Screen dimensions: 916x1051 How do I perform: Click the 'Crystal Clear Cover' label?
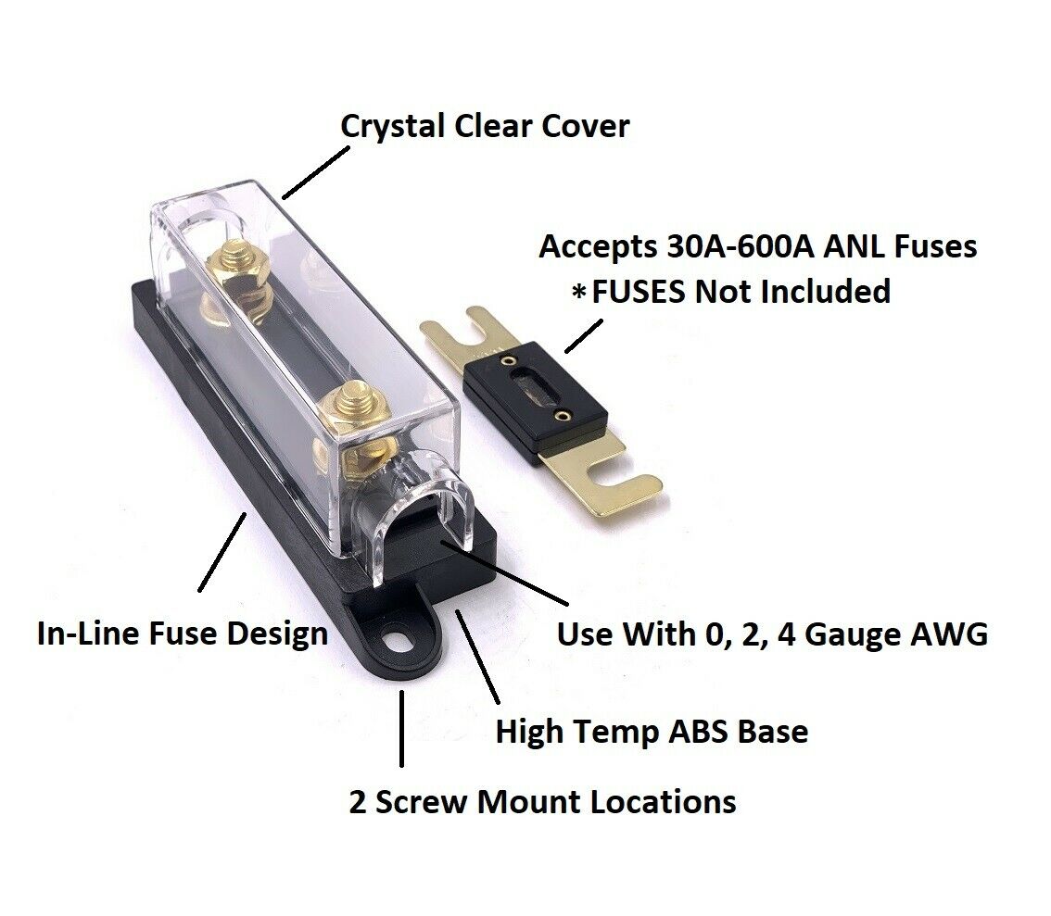coord(485,125)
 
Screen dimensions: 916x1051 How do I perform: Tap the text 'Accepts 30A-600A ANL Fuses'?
coord(758,246)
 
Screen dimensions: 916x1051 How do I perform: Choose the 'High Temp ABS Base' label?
coord(652,731)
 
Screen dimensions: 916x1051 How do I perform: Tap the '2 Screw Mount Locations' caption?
coord(542,800)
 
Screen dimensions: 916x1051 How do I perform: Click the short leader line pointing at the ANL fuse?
coord(584,334)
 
